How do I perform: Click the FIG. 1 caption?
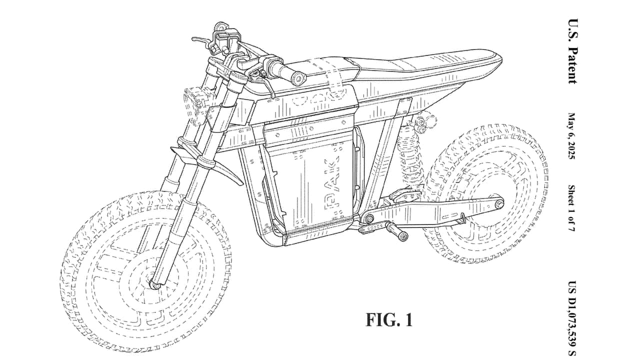[x=389, y=319]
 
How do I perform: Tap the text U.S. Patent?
[x=572, y=51]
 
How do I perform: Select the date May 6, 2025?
[x=571, y=136]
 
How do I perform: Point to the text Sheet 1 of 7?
[x=571, y=208]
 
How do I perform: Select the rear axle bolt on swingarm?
[x=499, y=204]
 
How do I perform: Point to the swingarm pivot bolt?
[x=368, y=218]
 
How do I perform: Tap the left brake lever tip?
[x=193, y=39]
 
